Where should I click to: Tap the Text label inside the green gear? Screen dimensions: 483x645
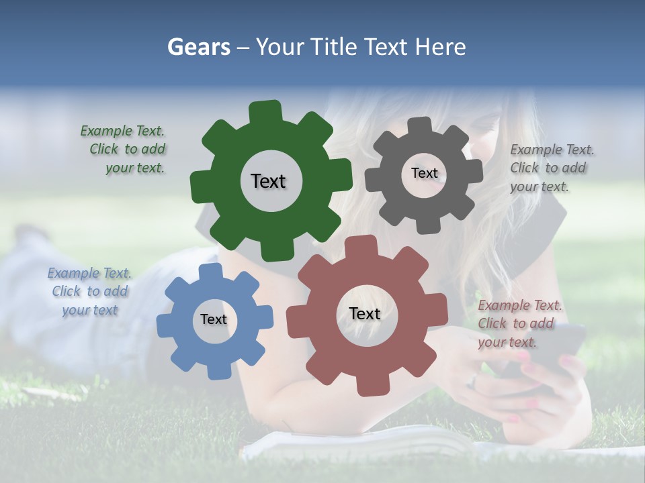[268, 181]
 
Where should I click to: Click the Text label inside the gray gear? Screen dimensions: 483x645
[424, 173]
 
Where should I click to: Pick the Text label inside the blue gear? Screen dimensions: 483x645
[214, 319]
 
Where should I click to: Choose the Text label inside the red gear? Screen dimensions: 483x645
[365, 313]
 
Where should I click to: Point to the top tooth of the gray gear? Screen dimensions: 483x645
[420, 125]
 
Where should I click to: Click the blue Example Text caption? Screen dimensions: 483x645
[89, 292]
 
